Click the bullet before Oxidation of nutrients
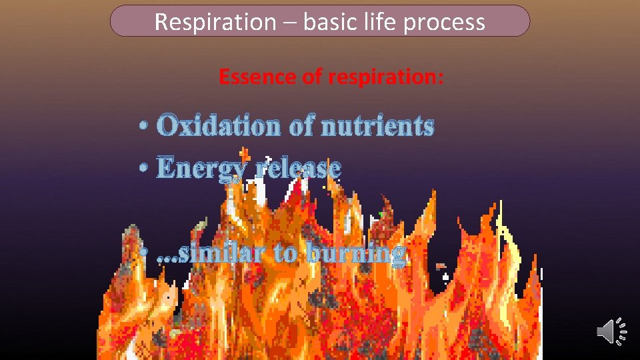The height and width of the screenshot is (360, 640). (144, 126)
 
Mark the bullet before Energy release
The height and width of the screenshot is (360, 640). (144, 169)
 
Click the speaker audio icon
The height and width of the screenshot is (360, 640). (611, 331)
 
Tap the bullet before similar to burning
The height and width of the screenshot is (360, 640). (144, 254)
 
